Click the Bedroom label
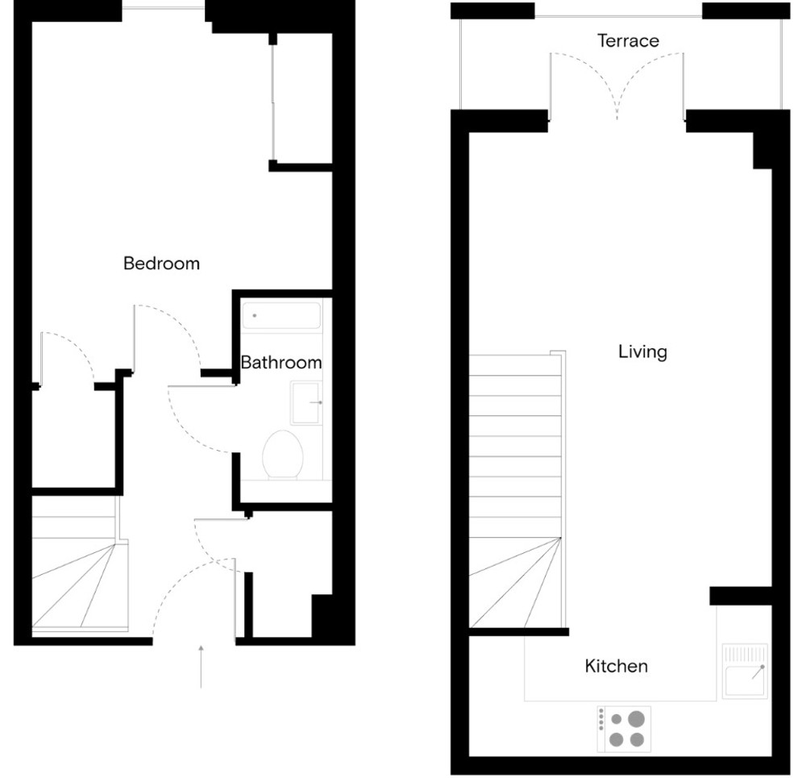point(161,264)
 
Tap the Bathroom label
point(281,363)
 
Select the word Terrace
point(628,40)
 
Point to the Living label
point(642,352)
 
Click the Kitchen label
point(616,666)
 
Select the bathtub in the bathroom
point(281,315)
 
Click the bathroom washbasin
point(305,402)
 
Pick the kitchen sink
point(745,671)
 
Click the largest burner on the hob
point(637,719)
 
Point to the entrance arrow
point(201,667)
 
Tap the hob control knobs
point(601,719)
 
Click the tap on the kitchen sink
point(758,672)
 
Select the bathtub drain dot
point(255,315)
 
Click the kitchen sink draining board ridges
point(745,654)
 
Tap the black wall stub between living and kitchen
point(741,596)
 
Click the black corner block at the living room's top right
point(762,151)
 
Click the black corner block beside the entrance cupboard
point(322,616)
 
